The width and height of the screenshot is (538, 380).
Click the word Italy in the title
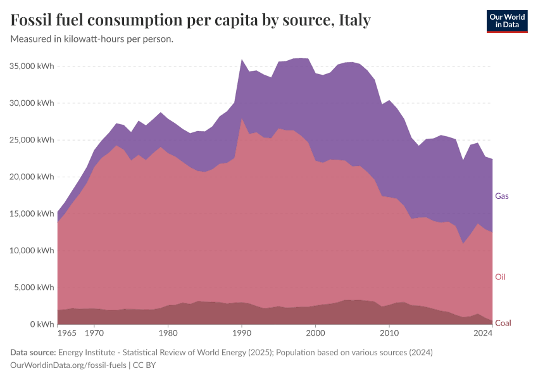point(355,20)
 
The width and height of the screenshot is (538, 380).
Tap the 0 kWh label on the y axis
point(42,324)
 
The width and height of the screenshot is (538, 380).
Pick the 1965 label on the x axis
point(66,332)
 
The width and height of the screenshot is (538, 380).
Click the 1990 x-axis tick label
point(241,332)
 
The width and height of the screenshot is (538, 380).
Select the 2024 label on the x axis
point(483,332)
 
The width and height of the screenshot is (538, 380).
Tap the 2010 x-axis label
point(389,332)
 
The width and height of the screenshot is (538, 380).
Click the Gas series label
point(502,196)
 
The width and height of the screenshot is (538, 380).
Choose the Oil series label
point(500,277)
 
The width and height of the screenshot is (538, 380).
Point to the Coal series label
point(503,323)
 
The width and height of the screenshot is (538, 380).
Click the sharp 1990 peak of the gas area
point(241,60)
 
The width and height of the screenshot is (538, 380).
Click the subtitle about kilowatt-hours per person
point(92,39)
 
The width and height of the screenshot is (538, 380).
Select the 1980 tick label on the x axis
point(168,332)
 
